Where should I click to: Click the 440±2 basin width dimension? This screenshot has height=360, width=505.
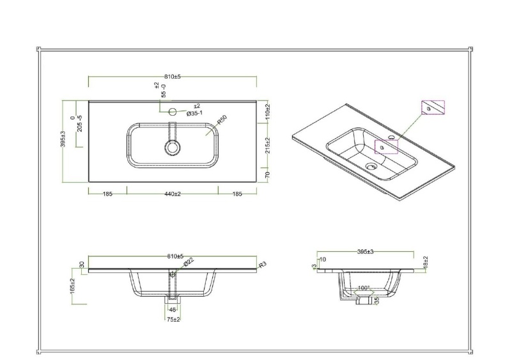point(172,194)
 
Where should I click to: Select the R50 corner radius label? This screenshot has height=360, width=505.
point(221,121)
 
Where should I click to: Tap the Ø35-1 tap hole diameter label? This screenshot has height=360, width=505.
point(195,113)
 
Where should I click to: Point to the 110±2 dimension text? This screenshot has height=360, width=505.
point(268,113)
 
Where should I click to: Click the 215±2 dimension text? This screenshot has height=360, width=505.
point(268,146)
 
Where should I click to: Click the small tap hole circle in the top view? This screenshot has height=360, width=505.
point(171,112)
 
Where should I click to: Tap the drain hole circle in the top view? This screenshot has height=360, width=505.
point(171,148)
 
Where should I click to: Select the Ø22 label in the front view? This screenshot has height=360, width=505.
point(189,262)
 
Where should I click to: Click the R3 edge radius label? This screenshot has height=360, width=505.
point(262,265)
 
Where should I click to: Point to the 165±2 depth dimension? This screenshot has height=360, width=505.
point(73,285)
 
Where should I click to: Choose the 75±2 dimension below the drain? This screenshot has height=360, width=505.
point(171,319)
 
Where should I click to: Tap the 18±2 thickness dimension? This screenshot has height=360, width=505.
point(425,262)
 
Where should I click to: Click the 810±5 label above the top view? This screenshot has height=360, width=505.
point(173,77)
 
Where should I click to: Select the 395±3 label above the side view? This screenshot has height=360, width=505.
point(365,252)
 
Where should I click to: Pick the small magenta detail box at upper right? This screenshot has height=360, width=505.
point(433,107)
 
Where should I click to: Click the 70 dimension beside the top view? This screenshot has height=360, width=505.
point(268,173)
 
